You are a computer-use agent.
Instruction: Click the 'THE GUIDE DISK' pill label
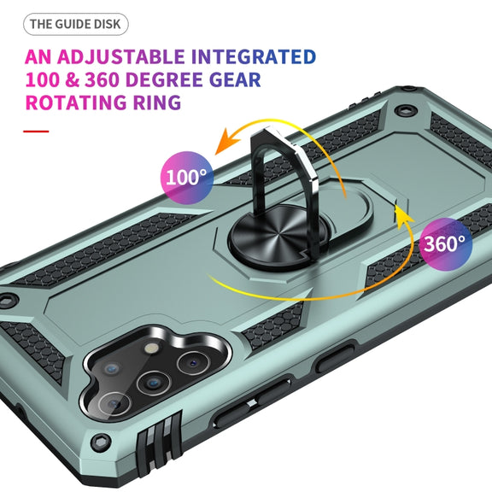coord(76,24)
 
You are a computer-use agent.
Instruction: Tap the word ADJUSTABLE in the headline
coord(120,56)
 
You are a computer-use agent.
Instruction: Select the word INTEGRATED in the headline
coord(254,56)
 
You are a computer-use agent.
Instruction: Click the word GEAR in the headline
coord(235,79)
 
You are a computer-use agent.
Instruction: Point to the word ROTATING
coord(76,102)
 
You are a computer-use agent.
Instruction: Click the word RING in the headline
coord(157,102)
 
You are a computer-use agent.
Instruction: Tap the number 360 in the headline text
coord(101,79)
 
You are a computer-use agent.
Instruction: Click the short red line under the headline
coord(36,132)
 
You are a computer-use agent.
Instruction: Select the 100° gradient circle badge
coord(187,178)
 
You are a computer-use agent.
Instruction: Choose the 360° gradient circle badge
coord(446,244)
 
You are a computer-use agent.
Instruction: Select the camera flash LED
coord(152,348)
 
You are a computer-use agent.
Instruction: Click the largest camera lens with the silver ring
coord(114,404)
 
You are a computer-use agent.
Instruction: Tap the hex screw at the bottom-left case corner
coord(101,442)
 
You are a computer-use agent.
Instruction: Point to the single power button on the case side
coord(335,359)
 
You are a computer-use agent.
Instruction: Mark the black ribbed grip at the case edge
coord(160,446)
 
